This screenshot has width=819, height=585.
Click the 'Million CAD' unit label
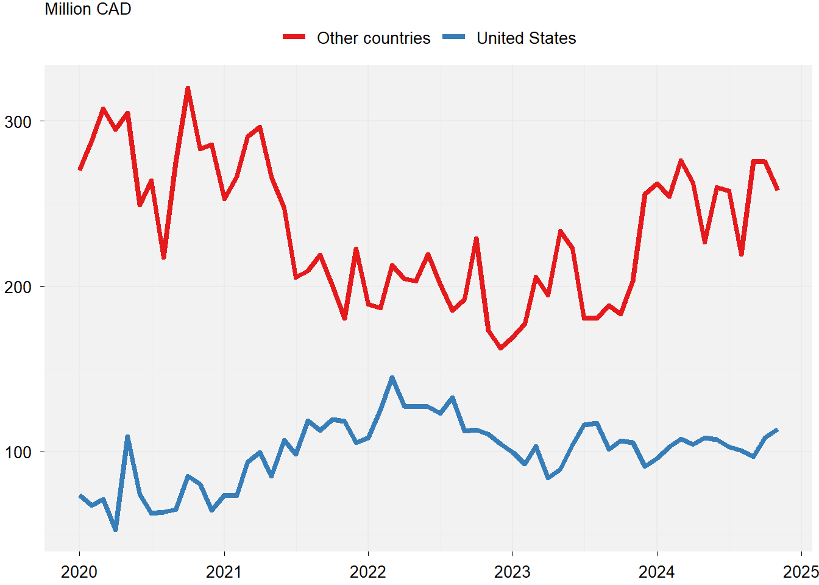click(88, 9)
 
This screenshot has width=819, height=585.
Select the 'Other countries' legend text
click(373, 38)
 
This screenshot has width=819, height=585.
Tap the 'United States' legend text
click(526, 38)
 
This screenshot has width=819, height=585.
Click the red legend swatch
click(294, 38)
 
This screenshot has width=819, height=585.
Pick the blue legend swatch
click(454, 38)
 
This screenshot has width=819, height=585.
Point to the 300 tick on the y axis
click(18, 122)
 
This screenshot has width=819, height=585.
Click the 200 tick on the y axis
click(18, 287)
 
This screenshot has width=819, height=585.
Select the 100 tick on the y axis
click(18, 452)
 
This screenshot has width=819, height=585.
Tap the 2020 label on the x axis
click(79, 572)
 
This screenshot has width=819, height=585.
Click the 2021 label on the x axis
click(224, 572)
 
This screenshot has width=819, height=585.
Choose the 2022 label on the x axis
click(368, 572)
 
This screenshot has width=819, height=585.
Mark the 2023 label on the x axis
click(512, 572)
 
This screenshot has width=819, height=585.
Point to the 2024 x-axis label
click(657, 572)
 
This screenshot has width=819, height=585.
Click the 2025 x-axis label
click(801, 572)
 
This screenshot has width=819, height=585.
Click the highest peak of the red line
click(188, 88)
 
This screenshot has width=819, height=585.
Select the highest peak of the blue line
click(392, 378)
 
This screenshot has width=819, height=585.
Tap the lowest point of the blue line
click(116, 530)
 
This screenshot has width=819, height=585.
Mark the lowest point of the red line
click(500, 348)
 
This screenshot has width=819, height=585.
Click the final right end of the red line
click(778, 190)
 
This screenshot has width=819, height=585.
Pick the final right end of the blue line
click(777, 430)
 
